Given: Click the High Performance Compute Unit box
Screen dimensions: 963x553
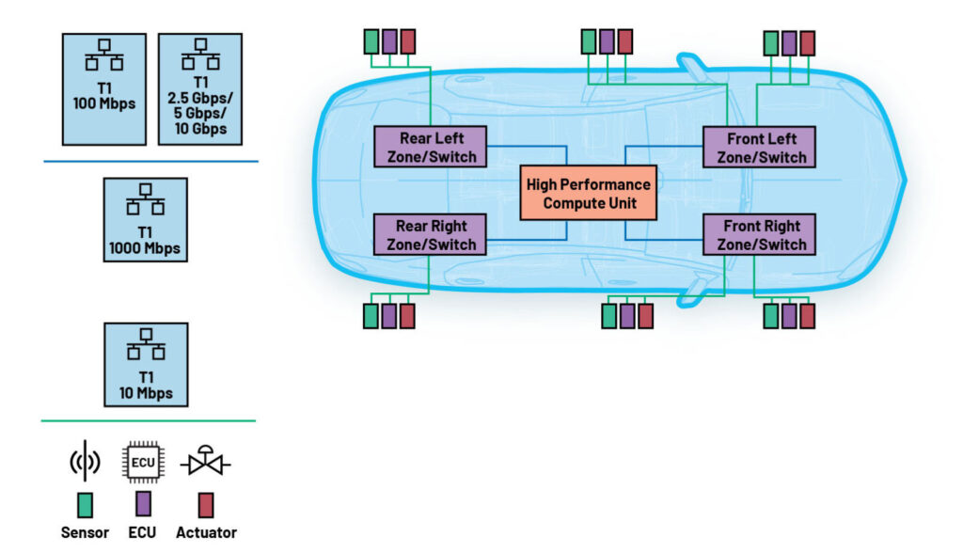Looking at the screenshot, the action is (x=589, y=193).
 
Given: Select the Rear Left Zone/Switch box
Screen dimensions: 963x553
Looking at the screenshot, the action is (x=430, y=147).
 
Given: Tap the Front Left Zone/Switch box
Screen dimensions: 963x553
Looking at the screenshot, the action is (x=759, y=148).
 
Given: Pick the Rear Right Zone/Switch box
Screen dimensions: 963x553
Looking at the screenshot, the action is (x=430, y=235).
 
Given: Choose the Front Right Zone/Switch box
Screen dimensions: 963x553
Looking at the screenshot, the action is (x=759, y=235).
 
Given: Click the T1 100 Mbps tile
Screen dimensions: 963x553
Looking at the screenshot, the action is (x=104, y=89).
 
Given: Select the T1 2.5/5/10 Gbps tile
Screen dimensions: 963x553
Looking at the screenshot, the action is (x=200, y=89).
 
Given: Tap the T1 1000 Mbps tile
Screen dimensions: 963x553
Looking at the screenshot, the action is (x=146, y=220).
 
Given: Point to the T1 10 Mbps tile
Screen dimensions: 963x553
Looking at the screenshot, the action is (x=146, y=365).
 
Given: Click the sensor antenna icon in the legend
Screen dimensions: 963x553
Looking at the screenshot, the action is (x=85, y=461).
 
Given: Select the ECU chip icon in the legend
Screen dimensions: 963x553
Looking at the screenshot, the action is (x=143, y=462).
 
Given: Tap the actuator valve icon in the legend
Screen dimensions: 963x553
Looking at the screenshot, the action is (x=206, y=462).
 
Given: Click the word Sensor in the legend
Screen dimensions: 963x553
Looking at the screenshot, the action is (x=85, y=532).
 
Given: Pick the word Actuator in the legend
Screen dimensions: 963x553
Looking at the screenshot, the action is (x=206, y=532).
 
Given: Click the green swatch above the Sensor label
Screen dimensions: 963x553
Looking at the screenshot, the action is (x=85, y=505).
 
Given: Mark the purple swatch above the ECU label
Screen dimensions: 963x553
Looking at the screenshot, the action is (x=143, y=504).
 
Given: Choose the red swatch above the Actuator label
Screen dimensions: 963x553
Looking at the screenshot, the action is (x=206, y=505).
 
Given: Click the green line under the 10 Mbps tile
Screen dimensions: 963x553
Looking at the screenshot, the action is (x=148, y=421).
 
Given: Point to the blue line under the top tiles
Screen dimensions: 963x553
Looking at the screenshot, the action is (x=151, y=161).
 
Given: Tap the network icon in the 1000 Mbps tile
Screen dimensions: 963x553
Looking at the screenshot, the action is (x=146, y=199).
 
